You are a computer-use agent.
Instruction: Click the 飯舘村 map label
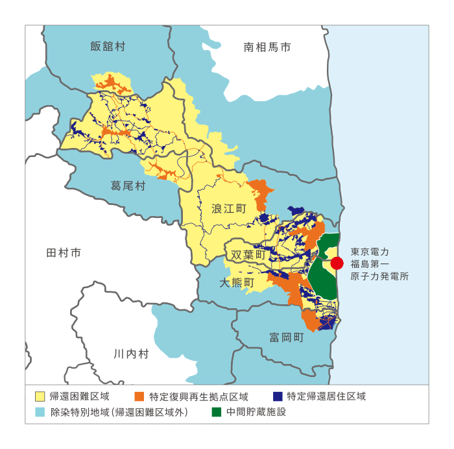click(108, 46)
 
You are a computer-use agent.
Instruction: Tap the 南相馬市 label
click(267, 47)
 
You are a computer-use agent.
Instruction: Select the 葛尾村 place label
click(128, 186)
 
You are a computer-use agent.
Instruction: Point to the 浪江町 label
click(230, 208)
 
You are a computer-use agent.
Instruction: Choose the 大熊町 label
click(237, 284)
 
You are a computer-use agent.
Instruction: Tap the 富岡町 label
click(287, 337)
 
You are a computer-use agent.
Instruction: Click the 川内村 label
click(131, 354)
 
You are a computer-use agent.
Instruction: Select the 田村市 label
click(64, 253)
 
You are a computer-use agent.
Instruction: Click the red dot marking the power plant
click(337, 263)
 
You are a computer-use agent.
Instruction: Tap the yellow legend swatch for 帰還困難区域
click(40, 396)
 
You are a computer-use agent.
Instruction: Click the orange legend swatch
click(139, 396)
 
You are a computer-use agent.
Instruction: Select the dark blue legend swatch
click(277, 396)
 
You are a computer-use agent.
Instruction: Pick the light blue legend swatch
click(40, 412)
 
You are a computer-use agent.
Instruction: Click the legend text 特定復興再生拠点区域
click(198, 396)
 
